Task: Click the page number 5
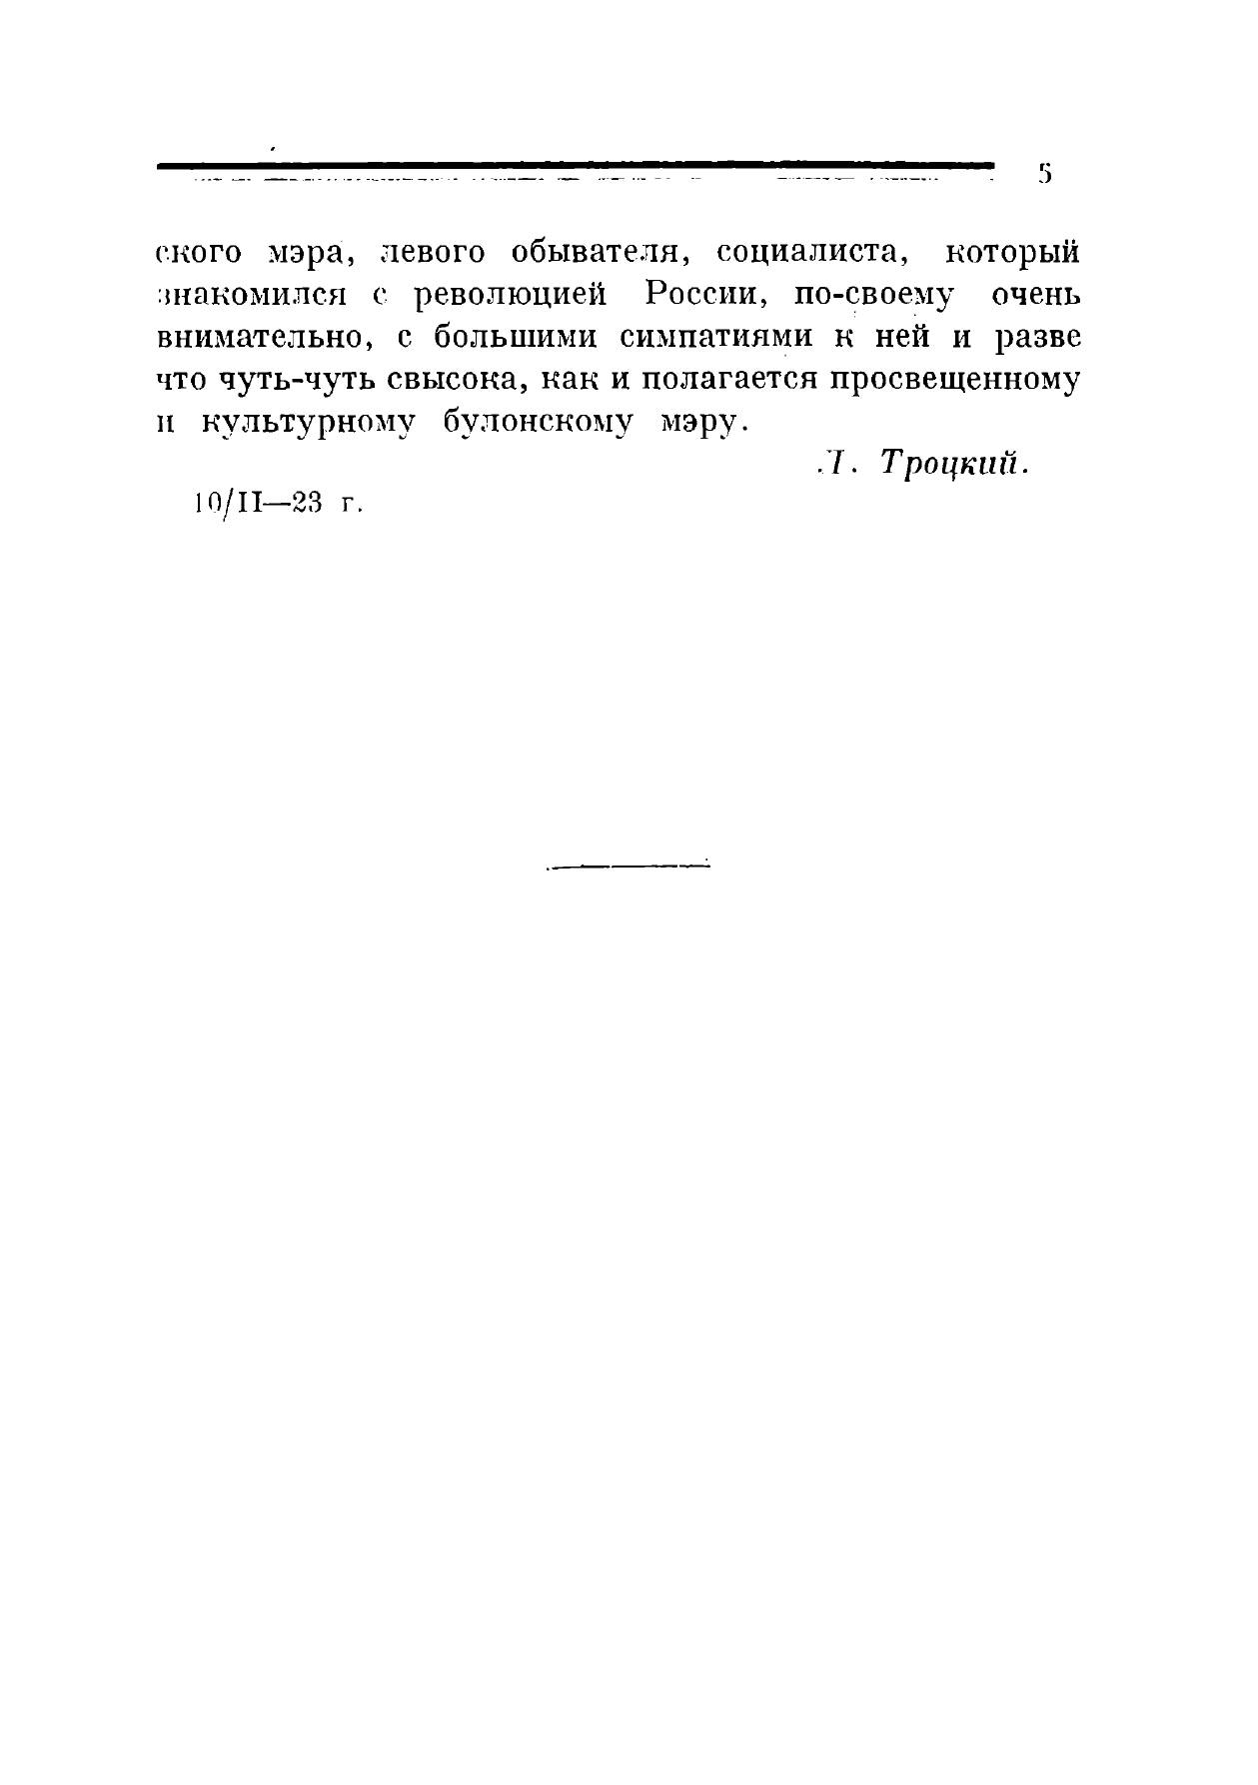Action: [x=1045, y=174]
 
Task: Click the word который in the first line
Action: [x=1012, y=252]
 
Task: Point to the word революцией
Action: [x=511, y=297]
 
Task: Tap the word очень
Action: [x=1035, y=296]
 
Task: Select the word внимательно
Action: [x=266, y=339]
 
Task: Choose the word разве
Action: [x=1037, y=338]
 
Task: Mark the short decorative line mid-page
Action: [x=628, y=865]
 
